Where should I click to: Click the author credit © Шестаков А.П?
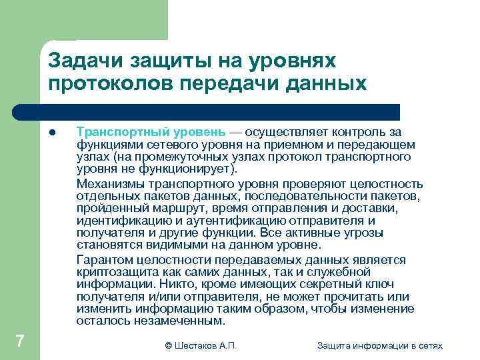[x=201, y=345]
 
